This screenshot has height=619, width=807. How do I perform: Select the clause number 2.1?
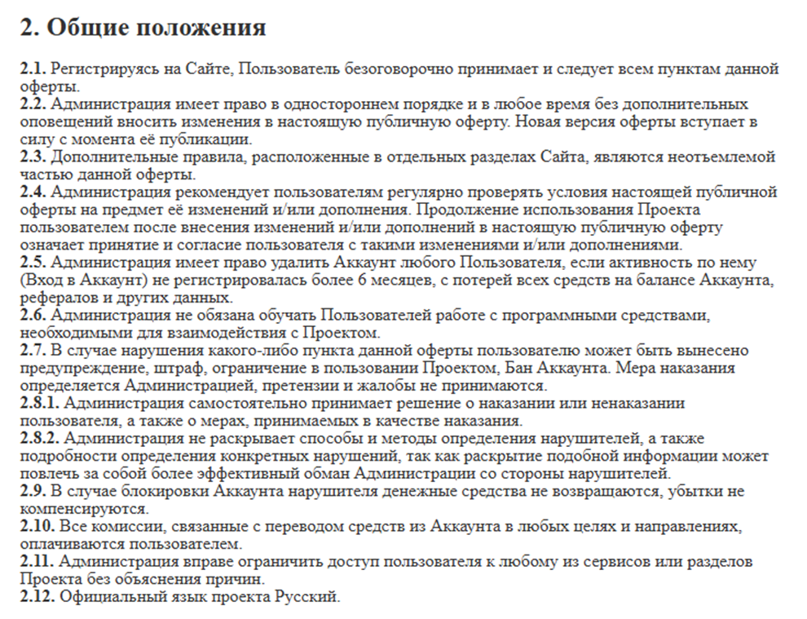pyautogui.click(x=33, y=69)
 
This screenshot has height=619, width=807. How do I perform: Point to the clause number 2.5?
pyautogui.click(x=33, y=263)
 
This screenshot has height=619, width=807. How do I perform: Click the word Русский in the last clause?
pyautogui.click(x=308, y=597)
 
